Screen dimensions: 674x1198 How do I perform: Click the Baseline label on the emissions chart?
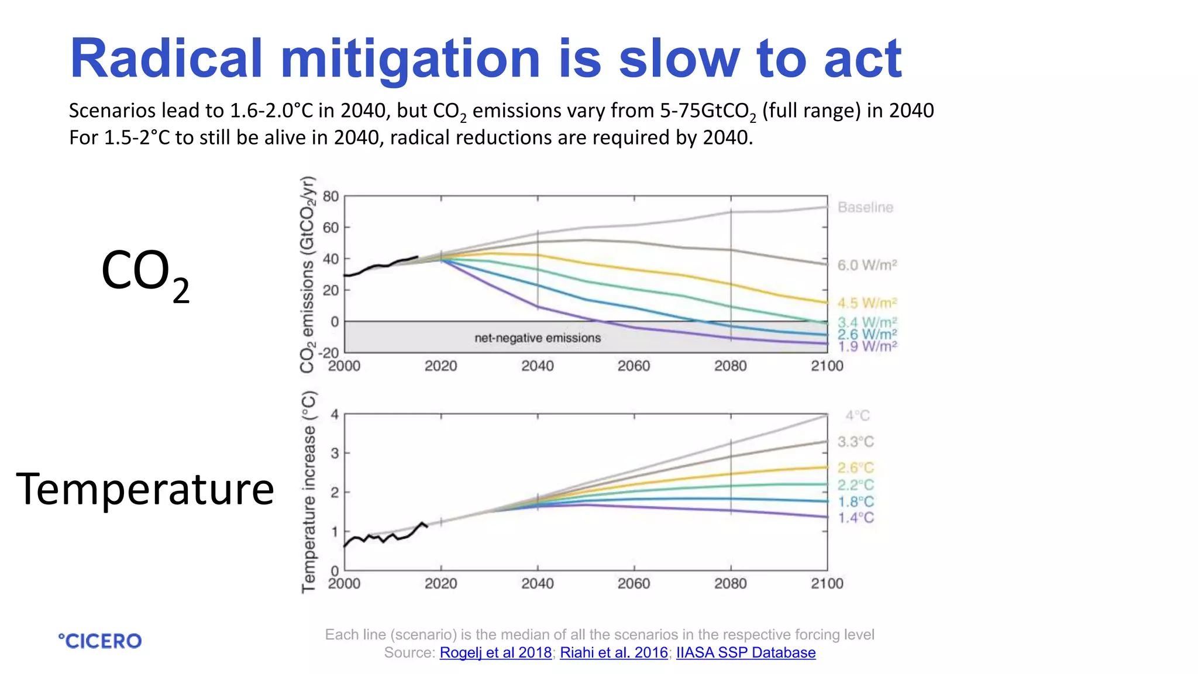click(x=865, y=207)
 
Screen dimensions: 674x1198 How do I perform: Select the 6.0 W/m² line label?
click(x=867, y=265)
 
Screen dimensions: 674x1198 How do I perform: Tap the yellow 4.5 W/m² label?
click(x=867, y=303)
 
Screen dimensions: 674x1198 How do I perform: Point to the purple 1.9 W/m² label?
click(x=867, y=347)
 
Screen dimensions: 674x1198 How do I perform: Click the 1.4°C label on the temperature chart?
click(x=856, y=518)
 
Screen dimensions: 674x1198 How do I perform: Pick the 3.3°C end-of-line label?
click(x=855, y=442)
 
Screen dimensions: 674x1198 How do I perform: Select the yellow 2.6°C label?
click(x=855, y=468)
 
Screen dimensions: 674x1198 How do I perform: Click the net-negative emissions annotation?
click(x=538, y=338)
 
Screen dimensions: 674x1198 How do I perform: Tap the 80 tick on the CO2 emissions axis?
click(x=331, y=197)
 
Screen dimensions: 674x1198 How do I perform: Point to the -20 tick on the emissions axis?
click(x=329, y=353)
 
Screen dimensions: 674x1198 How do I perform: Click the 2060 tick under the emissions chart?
click(x=634, y=366)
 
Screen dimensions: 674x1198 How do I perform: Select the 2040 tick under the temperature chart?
click(x=538, y=583)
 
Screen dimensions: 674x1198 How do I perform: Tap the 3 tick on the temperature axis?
click(x=335, y=453)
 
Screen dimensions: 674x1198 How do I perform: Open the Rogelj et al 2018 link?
click(x=495, y=652)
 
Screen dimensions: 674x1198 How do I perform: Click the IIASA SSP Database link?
click(x=746, y=652)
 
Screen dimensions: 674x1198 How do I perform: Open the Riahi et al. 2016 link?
click(x=614, y=652)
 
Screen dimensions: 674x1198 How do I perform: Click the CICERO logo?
click(x=100, y=641)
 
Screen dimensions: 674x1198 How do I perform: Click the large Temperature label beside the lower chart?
click(x=145, y=489)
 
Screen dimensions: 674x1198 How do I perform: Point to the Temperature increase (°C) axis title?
click(x=308, y=491)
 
